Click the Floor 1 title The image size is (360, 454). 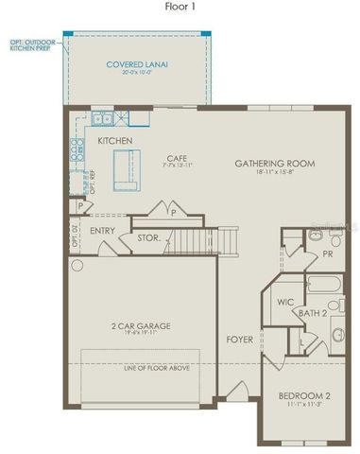point(180,7)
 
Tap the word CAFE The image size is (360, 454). point(176,158)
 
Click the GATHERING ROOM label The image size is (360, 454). point(274,164)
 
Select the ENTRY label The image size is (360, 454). point(102,230)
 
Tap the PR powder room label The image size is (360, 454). point(326,253)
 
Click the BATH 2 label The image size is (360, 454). point(314,311)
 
